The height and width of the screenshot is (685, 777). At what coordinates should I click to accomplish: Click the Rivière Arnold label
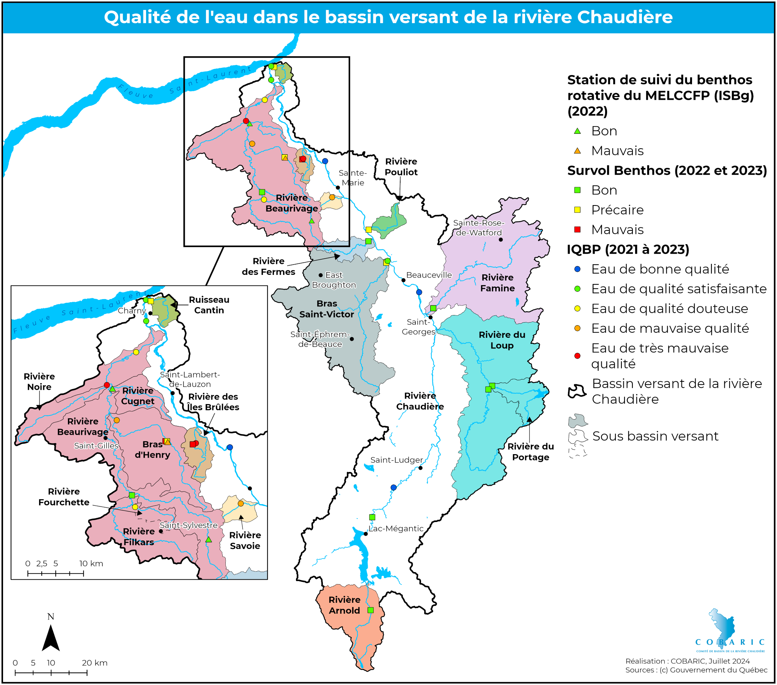coord(344,605)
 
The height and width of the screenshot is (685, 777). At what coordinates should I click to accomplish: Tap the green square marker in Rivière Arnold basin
coord(371,610)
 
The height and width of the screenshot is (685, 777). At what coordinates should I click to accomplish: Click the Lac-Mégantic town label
coord(396,528)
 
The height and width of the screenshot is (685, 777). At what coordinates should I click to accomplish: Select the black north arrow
coord(50,638)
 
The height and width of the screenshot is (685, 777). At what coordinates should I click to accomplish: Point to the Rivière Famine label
coord(497,283)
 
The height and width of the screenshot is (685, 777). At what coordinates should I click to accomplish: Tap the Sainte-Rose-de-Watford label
coord(478,227)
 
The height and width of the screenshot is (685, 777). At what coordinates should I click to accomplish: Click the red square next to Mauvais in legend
coord(577,229)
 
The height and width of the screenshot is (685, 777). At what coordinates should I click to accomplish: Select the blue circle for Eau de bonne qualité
coord(577,269)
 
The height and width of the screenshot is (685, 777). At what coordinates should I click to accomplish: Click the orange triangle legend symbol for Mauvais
coord(577,151)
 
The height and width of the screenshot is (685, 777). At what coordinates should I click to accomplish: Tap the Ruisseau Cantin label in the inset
coord(209,305)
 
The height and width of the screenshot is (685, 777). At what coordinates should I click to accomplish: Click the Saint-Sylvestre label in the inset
coord(189,525)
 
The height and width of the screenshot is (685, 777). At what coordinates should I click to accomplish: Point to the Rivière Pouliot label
coord(401,167)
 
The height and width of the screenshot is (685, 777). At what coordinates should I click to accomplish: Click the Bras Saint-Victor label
coord(327,309)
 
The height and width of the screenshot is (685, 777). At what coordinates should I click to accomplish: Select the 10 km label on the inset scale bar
coord(91,563)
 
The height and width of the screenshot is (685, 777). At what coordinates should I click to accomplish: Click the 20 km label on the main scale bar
coord(94,663)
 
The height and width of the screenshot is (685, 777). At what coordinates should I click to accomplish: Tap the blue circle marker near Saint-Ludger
coord(393,487)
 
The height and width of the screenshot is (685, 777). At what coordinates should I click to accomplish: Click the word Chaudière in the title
coord(624,17)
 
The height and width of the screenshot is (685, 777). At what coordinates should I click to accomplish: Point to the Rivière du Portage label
coord(530,452)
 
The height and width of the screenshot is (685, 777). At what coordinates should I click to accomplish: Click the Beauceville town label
coord(429,275)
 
